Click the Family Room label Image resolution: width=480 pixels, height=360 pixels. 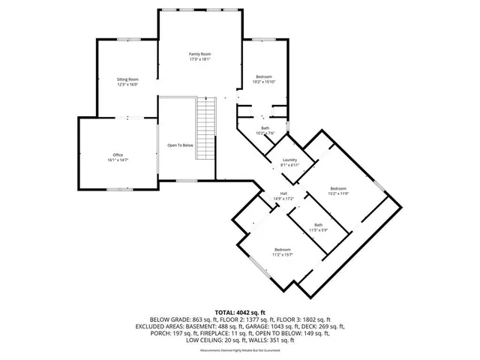199,54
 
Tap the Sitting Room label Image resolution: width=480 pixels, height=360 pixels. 127,79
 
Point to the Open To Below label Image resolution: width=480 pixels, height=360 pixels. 180,145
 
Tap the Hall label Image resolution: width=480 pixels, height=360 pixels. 284,193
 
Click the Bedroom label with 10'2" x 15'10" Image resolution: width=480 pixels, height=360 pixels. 263,76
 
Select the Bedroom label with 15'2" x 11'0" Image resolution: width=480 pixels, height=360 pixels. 339,188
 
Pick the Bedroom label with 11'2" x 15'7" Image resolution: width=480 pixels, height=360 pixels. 282,249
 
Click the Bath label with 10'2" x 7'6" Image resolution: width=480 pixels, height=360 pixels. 265,128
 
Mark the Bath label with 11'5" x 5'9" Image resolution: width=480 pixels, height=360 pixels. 319,225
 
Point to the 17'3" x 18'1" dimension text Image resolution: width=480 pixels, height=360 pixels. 199,59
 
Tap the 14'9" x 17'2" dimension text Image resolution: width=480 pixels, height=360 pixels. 284,198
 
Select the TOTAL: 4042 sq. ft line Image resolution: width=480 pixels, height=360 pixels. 240,312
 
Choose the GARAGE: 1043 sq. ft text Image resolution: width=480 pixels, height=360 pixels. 266,326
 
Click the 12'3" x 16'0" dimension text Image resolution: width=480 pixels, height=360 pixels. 127,84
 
